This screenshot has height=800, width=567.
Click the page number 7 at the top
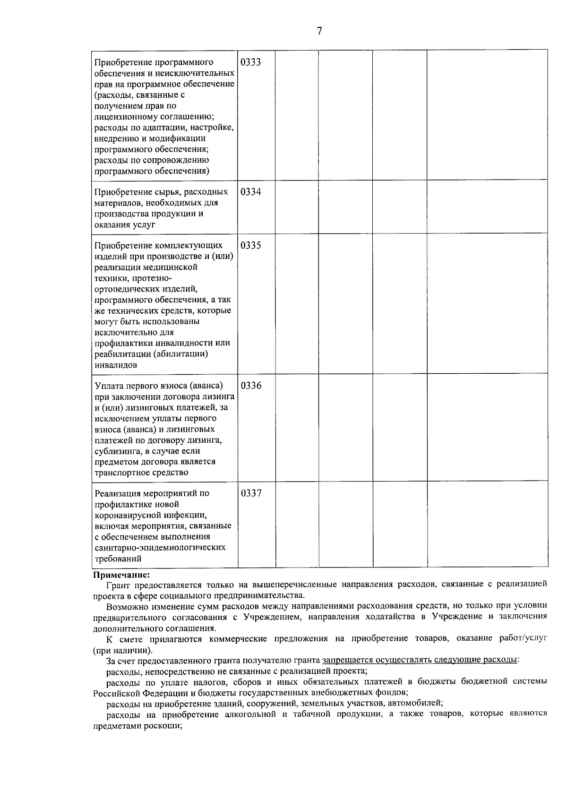pyautogui.click(x=319, y=32)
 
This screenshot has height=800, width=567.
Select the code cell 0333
pyautogui.click(x=250, y=63)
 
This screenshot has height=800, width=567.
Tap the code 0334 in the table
pyautogui.click(x=250, y=192)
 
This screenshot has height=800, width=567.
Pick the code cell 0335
pyautogui.click(x=250, y=246)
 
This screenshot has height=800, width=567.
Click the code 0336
pyautogui.click(x=250, y=386)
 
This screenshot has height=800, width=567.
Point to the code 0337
pyautogui.click(x=250, y=493)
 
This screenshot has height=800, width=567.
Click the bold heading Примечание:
pyautogui.click(x=121, y=575)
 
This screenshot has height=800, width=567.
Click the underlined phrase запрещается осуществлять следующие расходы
pyautogui.click(x=420, y=660)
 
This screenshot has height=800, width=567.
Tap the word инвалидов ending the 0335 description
pyautogui.click(x=116, y=365)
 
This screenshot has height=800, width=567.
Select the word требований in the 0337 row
pyautogui.click(x=119, y=559)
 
